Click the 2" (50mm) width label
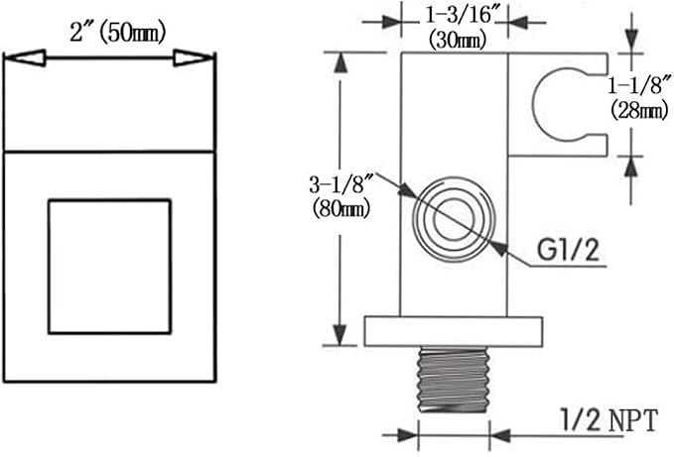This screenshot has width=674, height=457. pos(117,33)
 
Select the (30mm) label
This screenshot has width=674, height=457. pos(458,41)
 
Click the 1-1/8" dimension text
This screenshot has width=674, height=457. pos(639,85)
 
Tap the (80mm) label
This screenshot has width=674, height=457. pos(341,209)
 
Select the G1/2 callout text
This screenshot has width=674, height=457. pos(568,250)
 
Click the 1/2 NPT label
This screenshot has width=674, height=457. pos(609,420)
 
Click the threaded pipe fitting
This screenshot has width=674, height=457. pos(454,380)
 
